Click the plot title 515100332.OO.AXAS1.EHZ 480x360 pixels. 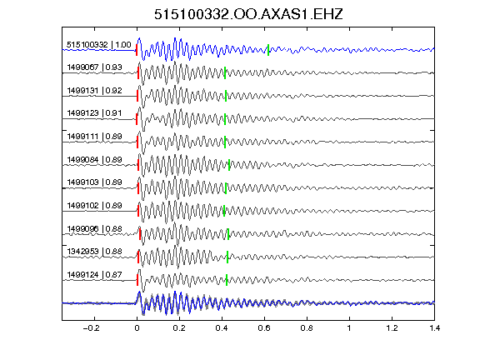[248, 14]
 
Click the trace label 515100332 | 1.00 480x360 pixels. [99, 45]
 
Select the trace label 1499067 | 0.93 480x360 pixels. [95, 67]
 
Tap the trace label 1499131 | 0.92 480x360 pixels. [95, 91]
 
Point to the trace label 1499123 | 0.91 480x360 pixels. [95, 113]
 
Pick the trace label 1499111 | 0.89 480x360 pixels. [95, 137]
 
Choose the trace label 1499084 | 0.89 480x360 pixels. [95, 160]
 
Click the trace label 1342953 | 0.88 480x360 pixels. [95, 252]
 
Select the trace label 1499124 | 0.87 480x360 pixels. [95, 275]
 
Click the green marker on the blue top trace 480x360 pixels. [268, 50]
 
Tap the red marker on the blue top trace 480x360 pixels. [137, 50]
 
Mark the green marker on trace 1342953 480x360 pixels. [227, 257]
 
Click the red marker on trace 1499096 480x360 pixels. [140, 234]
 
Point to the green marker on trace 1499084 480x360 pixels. [229, 165]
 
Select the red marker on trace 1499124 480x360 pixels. [137, 280]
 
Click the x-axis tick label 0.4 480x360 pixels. [222, 328]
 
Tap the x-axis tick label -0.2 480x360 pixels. [91, 328]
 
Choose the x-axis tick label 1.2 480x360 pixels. [392, 328]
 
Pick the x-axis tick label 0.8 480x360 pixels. [307, 328]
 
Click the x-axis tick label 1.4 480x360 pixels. [434, 328]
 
